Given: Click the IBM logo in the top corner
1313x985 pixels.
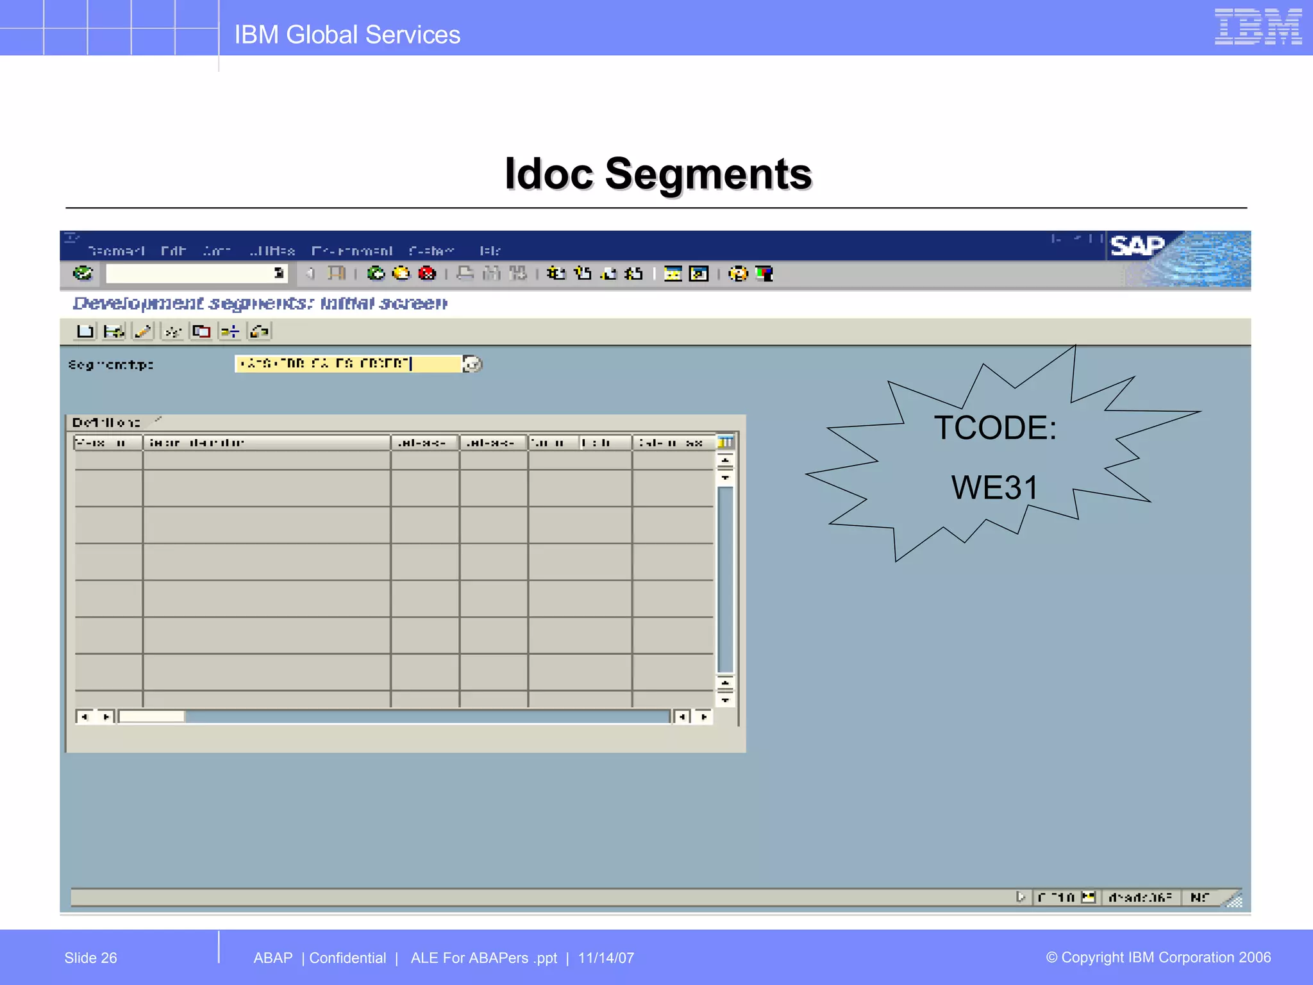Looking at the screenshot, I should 1257,27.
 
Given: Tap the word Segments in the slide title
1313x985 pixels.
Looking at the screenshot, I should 708,174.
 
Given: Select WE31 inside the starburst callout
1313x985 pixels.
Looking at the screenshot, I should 994,487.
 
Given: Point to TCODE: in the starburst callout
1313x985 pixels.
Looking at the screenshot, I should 995,428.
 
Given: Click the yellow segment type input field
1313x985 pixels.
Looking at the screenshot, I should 347,364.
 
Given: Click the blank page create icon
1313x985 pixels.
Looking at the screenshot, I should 85,332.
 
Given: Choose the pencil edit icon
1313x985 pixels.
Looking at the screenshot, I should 142,332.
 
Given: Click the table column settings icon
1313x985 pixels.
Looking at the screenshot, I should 725,442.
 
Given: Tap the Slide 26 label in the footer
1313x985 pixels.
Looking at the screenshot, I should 90,958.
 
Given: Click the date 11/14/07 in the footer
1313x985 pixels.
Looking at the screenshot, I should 606,958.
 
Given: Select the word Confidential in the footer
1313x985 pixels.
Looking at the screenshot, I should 347,958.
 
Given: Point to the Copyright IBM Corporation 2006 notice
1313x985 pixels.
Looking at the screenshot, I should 1158,957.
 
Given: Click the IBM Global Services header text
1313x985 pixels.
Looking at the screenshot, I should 347,35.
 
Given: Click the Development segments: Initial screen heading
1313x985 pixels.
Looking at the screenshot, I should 260,303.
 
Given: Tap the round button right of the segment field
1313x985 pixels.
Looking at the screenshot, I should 473,364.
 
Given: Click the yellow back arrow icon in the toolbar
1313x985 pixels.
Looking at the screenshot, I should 401,274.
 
